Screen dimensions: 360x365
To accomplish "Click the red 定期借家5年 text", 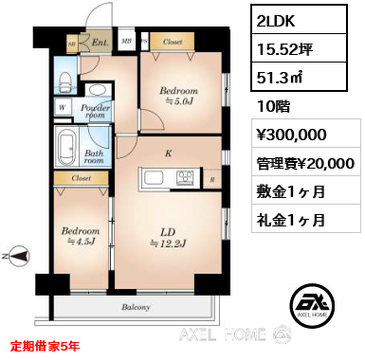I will click(46, 347).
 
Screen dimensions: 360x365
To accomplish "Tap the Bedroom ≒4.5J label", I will click(81, 236).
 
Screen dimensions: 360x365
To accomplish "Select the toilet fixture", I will click(66, 78).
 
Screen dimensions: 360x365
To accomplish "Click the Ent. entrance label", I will click(99, 43).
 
